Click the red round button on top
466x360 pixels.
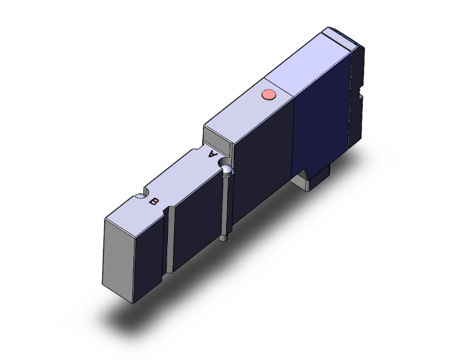(x=268, y=95)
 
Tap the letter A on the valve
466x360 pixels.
(x=213, y=153)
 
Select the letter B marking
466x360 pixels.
(x=153, y=202)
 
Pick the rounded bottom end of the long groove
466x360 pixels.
(x=224, y=238)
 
